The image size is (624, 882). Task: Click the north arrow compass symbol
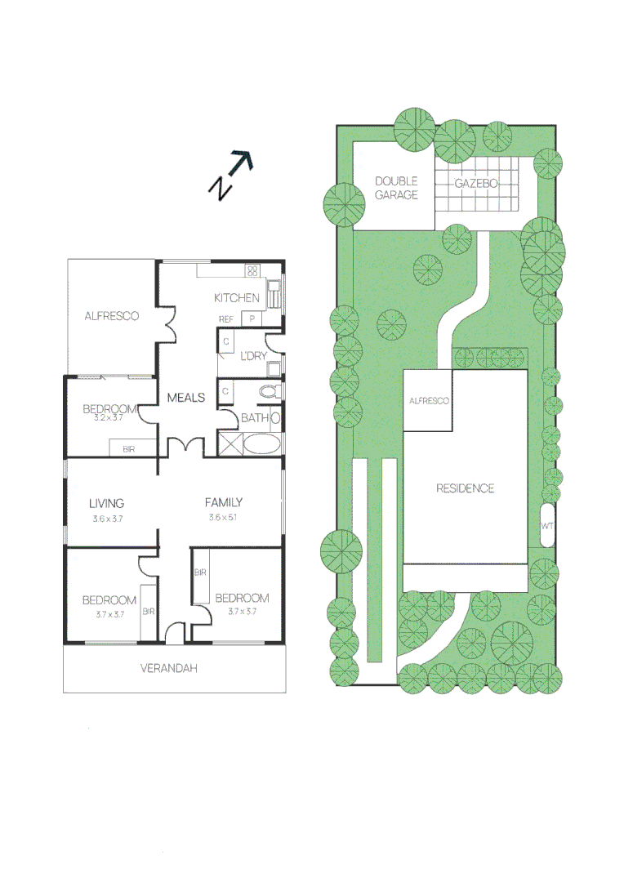pyautogui.click(x=231, y=175)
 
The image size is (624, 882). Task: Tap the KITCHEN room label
pyautogui.click(x=237, y=298)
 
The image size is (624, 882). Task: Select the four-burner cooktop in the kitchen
pyautogui.click(x=253, y=270)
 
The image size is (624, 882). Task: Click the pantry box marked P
pyautogui.click(x=252, y=319)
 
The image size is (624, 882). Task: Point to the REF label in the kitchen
pyautogui.click(x=226, y=319)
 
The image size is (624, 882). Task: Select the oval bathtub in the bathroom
pyautogui.click(x=261, y=445)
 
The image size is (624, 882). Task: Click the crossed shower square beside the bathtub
pyautogui.click(x=230, y=444)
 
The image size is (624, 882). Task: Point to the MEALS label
pyautogui.click(x=186, y=398)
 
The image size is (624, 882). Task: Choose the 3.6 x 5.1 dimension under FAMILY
pyautogui.click(x=223, y=518)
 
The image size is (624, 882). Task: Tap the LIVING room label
pyautogui.click(x=107, y=503)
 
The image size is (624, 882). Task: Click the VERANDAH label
pyautogui.click(x=169, y=668)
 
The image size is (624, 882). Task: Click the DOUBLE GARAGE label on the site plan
pyautogui.click(x=396, y=188)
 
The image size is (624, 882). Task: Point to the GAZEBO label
pyautogui.click(x=476, y=184)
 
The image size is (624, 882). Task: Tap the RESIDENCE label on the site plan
pyautogui.click(x=465, y=488)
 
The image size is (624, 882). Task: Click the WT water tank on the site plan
pyautogui.click(x=547, y=526)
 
